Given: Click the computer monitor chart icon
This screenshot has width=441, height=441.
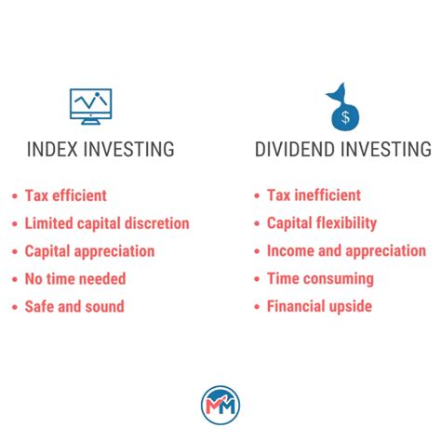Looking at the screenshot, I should coord(91,106).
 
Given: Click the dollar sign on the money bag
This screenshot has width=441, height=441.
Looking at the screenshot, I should coord(345,116).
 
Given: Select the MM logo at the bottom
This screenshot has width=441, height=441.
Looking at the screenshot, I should coord(220,405).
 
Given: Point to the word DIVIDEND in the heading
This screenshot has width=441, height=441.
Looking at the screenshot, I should coord(299,150).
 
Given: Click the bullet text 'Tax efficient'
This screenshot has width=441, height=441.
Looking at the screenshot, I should coord(65,195).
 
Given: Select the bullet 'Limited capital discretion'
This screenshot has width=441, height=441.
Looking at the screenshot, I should coord(107,223).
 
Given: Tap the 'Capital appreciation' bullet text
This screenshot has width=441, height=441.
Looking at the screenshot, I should coord(89,251).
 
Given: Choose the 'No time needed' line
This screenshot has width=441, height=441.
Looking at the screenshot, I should coord(74,278).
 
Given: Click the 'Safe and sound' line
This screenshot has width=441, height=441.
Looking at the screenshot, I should coord(73,306).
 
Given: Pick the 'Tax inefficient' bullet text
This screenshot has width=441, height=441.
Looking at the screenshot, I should coord(313,195).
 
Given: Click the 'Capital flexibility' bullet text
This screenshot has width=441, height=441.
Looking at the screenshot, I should coord(321,223).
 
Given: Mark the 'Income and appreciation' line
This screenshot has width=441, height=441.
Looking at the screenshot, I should coord(346,251).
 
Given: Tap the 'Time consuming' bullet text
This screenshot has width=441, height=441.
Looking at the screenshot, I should coord(319,278).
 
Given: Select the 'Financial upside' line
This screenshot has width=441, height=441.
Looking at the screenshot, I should coord(320,306).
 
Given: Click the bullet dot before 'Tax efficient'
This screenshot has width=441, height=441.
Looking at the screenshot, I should coord(15,196).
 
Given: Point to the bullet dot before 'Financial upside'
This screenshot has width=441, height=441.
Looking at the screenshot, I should coord(257,307).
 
